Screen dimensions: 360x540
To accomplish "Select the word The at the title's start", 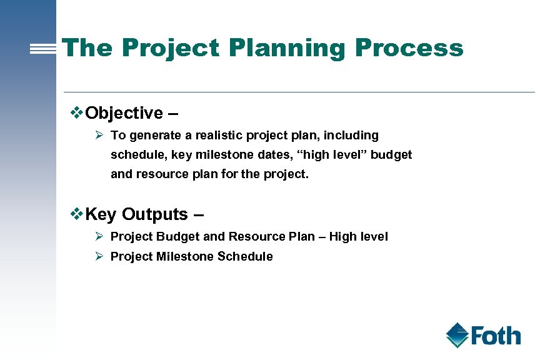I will [x=88, y=48].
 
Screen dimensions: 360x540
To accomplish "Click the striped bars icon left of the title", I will [x=43, y=49].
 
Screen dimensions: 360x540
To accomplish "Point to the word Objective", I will [x=124, y=113].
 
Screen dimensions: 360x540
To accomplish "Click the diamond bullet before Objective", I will [x=76, y=112].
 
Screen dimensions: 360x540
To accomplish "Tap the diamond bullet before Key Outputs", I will [x=76, y=214].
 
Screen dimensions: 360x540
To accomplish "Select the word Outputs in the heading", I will [x=155, y=214].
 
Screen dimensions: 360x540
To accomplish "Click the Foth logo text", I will [x=495, y=336].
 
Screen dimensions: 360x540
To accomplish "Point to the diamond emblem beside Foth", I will [x=457, y=335].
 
